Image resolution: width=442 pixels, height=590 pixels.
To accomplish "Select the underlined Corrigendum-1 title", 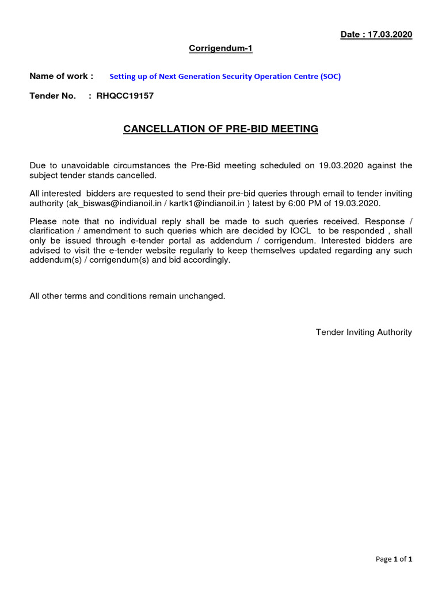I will coord(221,48).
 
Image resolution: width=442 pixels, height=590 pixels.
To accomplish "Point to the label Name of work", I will coord(61,76).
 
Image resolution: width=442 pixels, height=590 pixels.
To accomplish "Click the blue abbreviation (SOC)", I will coord(330,77).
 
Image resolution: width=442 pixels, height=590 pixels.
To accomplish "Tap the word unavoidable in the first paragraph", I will coord(74,166).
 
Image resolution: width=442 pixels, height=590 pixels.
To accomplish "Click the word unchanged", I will coord(201,296).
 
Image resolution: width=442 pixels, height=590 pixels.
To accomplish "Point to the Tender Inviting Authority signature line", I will coord(364,332).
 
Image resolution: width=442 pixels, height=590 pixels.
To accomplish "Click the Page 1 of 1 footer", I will coord(394,559).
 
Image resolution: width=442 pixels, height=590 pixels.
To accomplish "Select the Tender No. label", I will coord(53,96).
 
